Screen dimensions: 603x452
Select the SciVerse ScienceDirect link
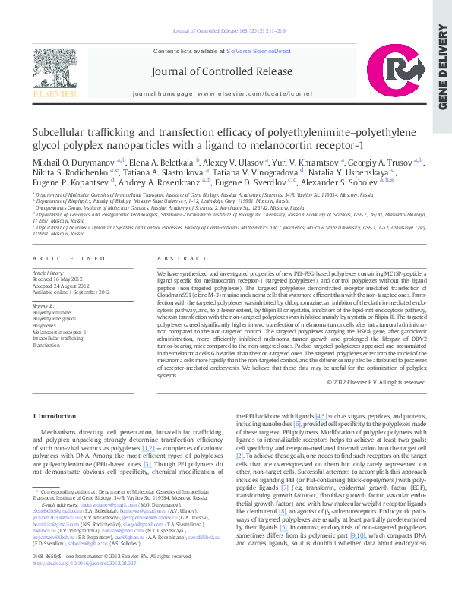(x=258, y=51)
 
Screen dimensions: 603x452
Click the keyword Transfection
(x=47, y=345)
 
